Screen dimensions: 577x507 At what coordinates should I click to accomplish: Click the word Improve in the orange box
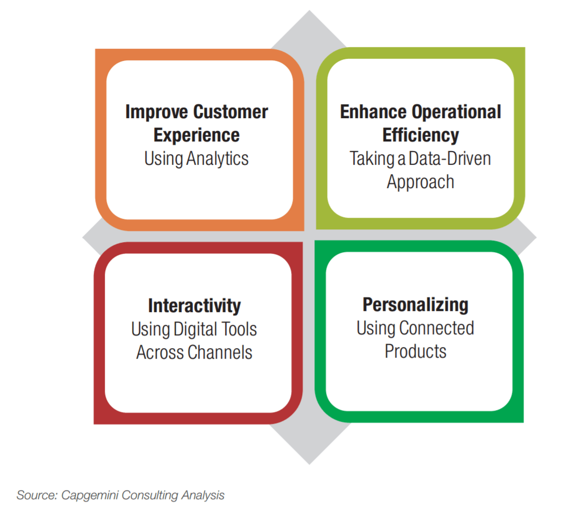click(157, 112)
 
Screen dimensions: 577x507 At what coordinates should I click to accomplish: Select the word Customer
click(231, 112)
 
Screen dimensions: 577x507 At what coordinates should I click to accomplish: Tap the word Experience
click(196, 136)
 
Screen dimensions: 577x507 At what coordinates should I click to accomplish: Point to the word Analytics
click(217, 159)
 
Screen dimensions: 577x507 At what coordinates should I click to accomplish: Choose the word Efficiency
click(421, 136)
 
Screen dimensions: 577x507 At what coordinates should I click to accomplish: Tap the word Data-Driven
click(449, 159)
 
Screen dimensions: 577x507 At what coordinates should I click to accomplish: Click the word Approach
click(420, 182)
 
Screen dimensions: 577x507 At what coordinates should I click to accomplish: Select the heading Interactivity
click(194, 306)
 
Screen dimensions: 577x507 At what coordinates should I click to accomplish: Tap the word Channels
click(220, 352)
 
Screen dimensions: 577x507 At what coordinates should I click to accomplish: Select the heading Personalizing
click(416, 305)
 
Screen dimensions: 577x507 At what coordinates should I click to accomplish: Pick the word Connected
click(436, 328)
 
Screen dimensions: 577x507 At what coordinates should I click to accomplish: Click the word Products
click(416, 351)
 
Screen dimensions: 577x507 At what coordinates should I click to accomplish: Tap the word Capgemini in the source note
click(90, 495)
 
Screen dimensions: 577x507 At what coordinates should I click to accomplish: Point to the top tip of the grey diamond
click(309, 11)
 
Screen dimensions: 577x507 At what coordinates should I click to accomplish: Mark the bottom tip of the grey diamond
click(309, 464)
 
